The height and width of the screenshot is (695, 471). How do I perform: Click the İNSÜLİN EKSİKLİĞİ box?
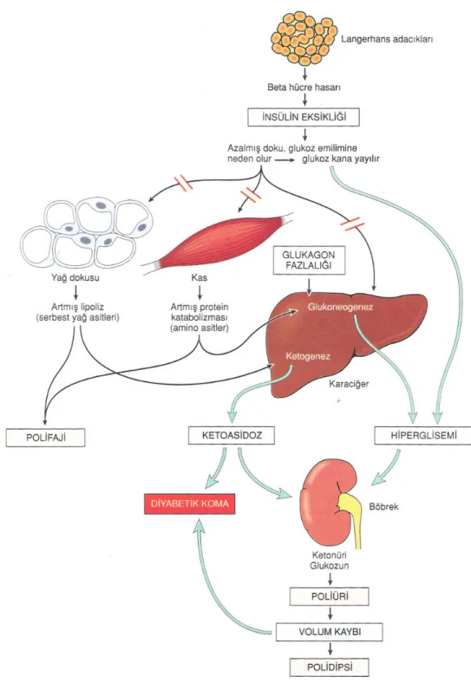coord(304,117)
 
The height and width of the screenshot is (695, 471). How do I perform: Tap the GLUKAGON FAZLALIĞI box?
coord(309,260)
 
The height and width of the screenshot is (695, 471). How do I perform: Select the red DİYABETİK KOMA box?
coord(189,503)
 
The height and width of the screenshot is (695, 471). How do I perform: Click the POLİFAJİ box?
coord(45,438)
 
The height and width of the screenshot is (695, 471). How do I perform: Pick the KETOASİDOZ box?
coord(232,435)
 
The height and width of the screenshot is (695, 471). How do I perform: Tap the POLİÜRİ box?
coord(329,596)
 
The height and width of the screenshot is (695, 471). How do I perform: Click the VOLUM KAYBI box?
coord(329,632)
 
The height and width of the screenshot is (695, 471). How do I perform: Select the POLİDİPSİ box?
coord(329,667)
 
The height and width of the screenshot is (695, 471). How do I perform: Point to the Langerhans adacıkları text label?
coord(387,39)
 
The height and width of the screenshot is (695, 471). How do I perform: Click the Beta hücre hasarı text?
coord(304,87)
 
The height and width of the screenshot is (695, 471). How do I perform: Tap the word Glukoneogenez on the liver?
coord(340,307)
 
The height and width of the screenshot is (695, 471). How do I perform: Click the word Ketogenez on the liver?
coord(308,356)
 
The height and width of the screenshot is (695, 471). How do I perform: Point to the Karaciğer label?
coord(349,383)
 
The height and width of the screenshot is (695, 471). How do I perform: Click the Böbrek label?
coord(383,506)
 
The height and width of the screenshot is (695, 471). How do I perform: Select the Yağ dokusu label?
coord(75,278)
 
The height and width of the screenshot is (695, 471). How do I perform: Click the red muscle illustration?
coord(218,243)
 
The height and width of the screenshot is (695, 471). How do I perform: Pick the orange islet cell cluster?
coord(304,37)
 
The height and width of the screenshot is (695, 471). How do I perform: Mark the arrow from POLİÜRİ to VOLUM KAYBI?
coord(330,614)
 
